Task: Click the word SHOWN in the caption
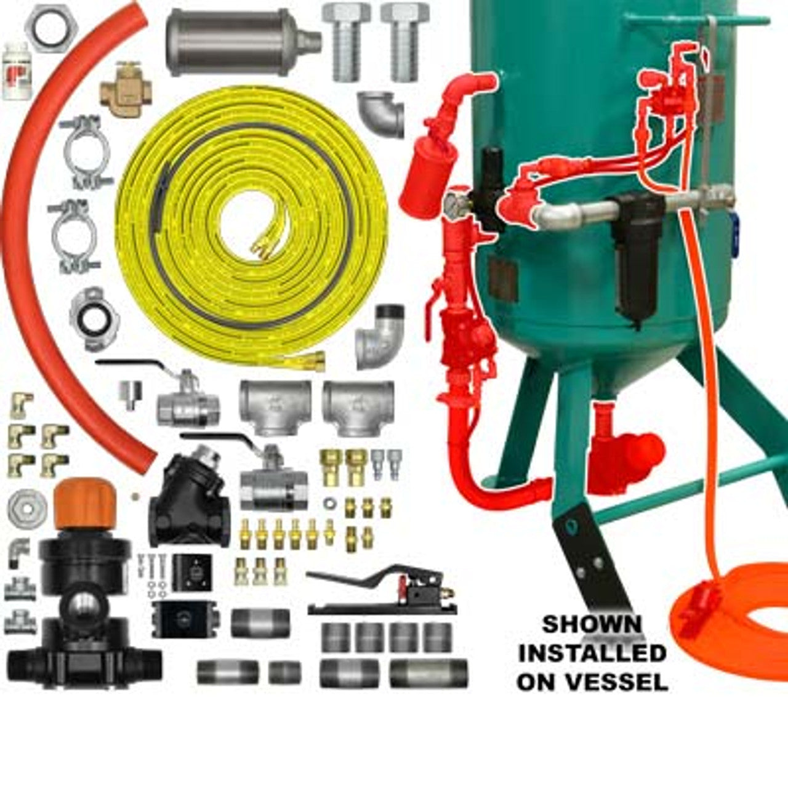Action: [x=592, y=624]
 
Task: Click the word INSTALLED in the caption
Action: [x=592, y=653]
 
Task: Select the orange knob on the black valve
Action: [x=85, y=504]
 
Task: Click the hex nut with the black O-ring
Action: [x=51, y=28]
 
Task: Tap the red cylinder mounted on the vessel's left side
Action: [x=428, y=176]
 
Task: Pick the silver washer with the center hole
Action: [x=27, y=509]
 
